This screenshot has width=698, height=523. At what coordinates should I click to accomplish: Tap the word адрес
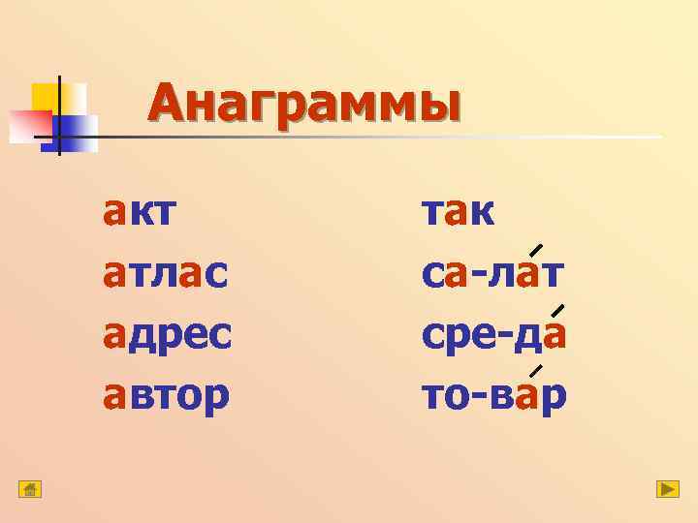168,334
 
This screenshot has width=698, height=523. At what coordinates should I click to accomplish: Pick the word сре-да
493,334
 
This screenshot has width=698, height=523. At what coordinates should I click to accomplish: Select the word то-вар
493,394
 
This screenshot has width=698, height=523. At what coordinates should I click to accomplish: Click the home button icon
30,489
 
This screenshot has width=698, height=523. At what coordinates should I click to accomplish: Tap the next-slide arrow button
667,489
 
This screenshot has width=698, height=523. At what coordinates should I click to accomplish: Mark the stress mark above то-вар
535,372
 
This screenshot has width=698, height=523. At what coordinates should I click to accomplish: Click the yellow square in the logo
46,97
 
